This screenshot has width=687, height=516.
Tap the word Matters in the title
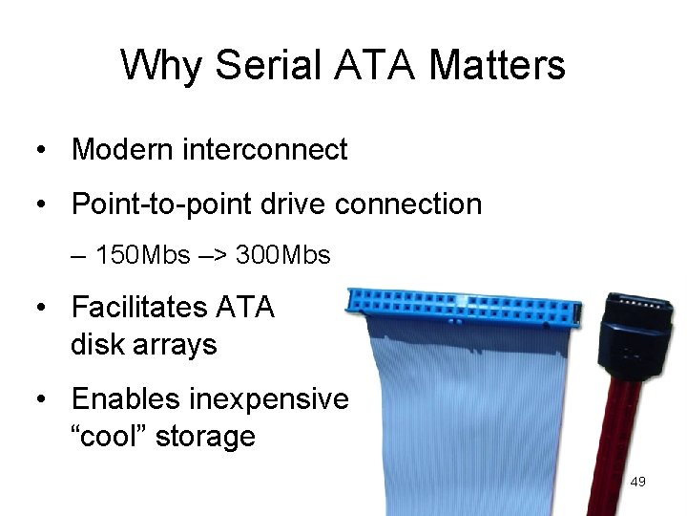pos(497,66)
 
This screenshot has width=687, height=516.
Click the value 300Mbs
pos(282,255)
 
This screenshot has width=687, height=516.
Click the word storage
pos(205,436)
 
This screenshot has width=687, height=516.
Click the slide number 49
pos(638,483)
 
